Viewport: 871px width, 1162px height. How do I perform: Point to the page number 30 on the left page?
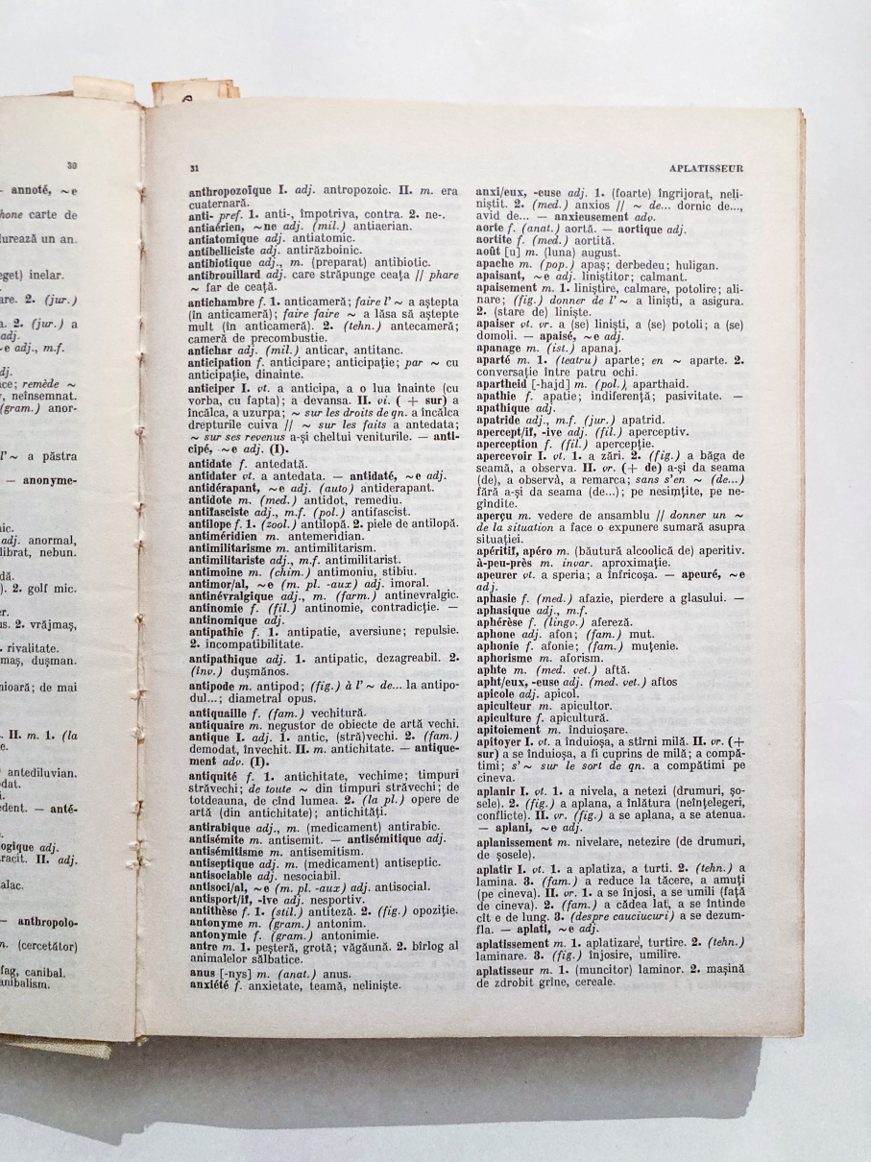72,165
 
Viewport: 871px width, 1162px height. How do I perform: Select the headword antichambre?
221,303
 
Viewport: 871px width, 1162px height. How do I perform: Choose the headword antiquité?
217,746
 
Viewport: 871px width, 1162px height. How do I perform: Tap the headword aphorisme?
507,658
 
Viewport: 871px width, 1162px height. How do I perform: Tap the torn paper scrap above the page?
192,93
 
